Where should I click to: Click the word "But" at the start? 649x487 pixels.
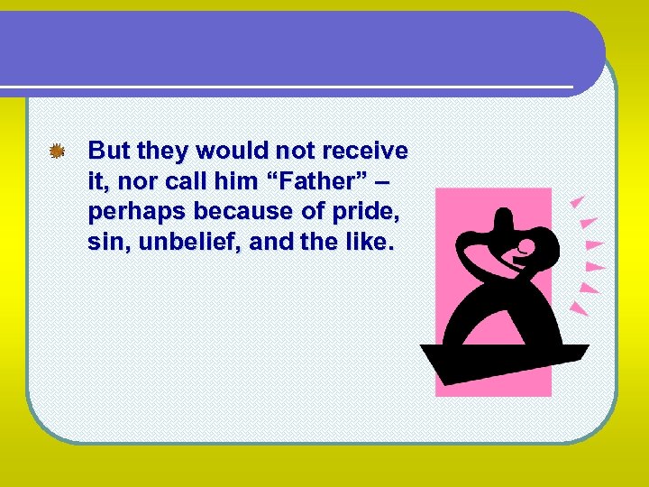pos(109,150)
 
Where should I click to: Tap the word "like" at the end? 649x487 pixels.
pos(370,243)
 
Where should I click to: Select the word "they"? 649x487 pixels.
pos(160,150)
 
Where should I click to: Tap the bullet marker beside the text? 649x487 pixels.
pos(57,152)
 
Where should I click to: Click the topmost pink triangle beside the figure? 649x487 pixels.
pos(578,201)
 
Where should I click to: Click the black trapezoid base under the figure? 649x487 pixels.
pos(504,361)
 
